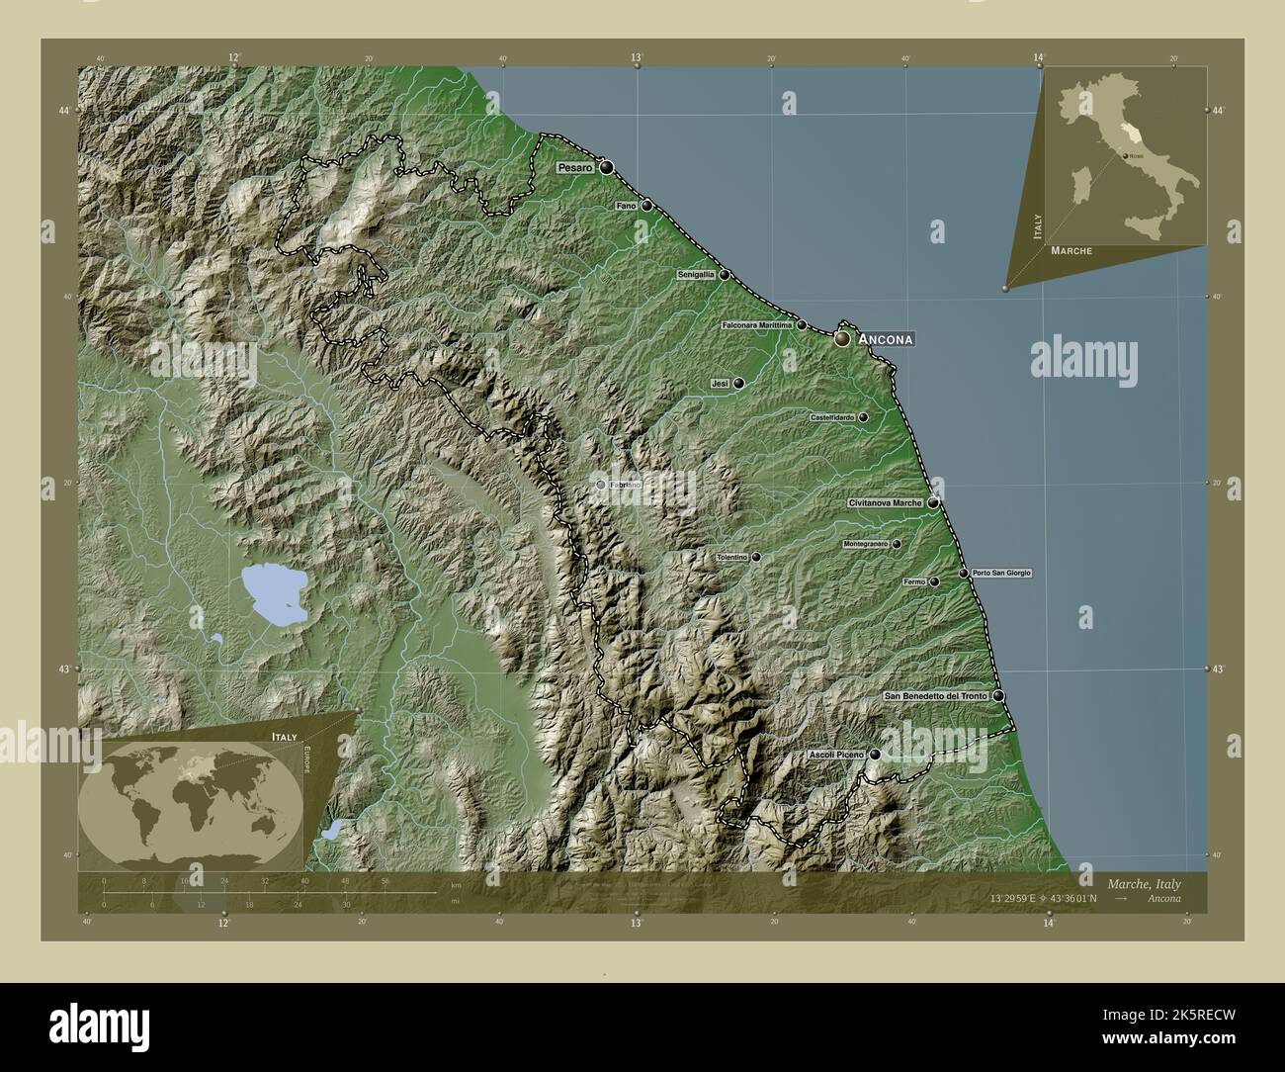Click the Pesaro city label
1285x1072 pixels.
(574, 168)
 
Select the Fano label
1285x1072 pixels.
(626, 206)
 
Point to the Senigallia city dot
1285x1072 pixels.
(725, 275)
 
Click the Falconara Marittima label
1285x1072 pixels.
(757, 325)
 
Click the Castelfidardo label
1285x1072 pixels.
(832, 418)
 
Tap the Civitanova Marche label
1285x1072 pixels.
(885, 503)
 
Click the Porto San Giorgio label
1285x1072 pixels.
(1001, 574)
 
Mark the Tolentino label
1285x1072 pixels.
(731, 558)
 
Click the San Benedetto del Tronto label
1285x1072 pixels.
(935, 696)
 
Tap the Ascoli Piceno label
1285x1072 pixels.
(836, 755)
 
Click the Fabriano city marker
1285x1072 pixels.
(600, 485)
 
